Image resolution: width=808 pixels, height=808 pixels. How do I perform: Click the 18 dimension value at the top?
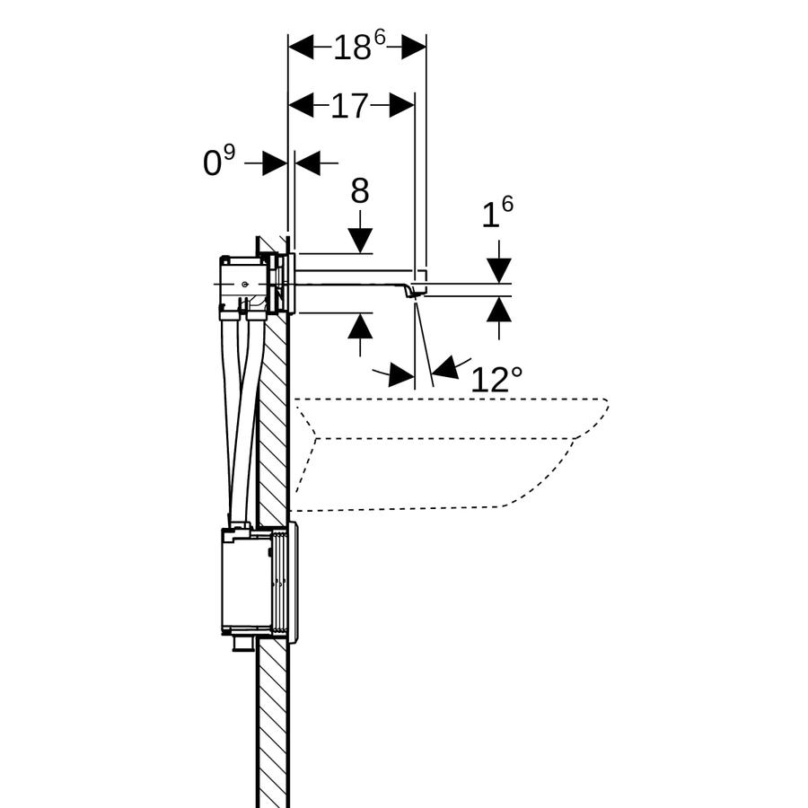click(353, 48)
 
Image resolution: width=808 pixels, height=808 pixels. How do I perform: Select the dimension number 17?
click(349, 106)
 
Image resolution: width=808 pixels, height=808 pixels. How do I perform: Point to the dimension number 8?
click(360, 190)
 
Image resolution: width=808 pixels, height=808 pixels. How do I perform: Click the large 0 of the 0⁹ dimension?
click(212, 163)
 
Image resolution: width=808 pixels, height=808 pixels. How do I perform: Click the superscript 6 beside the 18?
click(380, 38)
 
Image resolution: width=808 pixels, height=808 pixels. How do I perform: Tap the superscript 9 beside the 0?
click(229, 152)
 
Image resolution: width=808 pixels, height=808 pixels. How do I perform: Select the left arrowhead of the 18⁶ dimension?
click(301, 48)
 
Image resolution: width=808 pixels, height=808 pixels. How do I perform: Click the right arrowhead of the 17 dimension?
click(402, 106)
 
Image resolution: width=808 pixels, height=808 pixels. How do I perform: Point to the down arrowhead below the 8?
click(360, 241)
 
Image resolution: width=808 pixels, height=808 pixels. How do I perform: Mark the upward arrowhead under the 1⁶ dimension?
click(499, 310)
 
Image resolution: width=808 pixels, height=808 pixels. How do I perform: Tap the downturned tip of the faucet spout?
click(410, 292)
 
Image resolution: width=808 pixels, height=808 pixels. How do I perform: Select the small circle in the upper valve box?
click(244, 284)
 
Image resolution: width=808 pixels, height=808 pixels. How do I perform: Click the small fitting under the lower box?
click(242, 645)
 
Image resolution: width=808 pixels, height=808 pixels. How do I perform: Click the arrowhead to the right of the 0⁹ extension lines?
click(308, 163)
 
